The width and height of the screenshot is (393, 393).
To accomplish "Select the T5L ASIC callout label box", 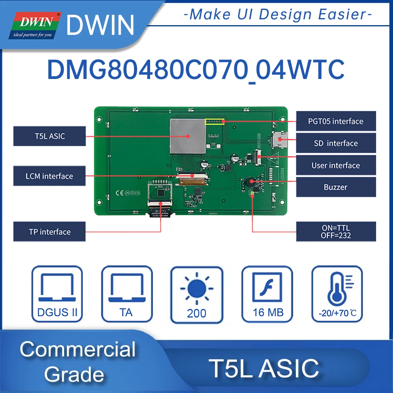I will [50, 136].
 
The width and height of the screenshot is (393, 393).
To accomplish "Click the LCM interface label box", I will [50, 176].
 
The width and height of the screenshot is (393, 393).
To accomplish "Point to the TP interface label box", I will [50, 231].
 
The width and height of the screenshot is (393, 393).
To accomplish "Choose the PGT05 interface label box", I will [336, 121].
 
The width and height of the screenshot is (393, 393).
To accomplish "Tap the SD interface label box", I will [336, 143].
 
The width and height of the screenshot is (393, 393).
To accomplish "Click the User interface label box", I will [336, 165].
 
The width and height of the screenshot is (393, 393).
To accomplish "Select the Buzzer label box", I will [336, 187].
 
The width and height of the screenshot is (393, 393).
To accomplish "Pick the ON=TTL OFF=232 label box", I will [336, 231].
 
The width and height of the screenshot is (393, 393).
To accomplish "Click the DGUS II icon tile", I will [57, 294].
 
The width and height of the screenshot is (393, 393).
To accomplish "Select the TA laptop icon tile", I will [127, 294].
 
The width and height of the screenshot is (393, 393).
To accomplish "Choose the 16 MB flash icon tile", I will [267, 294].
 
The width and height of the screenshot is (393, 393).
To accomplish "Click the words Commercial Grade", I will [77, 362].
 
